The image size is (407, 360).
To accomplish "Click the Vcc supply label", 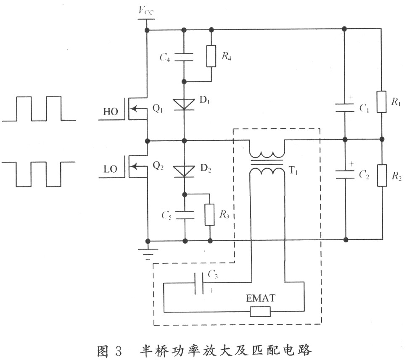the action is pyautogui.click(x=146, y=11).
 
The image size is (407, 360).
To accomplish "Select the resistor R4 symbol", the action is pyautogui.click(x=211, y=56).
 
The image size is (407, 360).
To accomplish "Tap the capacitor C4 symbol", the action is pyautogui.click(x=184, y=57).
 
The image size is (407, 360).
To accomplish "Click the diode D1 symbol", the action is pyautogui.click(x=184, y=105).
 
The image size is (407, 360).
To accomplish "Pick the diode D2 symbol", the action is pyautogui.click(x=184, y=172).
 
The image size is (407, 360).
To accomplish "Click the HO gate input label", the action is pyautogui.click(x=111, y=112).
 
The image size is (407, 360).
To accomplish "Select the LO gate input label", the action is pyautogui.click(x=110, y=169).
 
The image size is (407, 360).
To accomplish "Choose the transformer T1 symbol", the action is pyautogui.click(x=267, y=163).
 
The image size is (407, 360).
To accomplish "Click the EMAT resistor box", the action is pyautogui.click(x=260, y=312).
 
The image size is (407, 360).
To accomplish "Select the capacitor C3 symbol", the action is pyautogui.click(x=199, y=283).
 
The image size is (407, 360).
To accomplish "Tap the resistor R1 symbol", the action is pyautogui.click(x=381, y=102).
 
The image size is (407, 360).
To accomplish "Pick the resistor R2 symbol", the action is pyautogui.click(x=382, y=175).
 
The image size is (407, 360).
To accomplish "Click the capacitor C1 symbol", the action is pyautogui.click(x=345, y=108).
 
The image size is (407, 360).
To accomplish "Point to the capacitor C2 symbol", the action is pyautogui.click(x=345, y=175).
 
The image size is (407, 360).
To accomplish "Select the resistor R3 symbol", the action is pyautogui.click(x=210, y=215).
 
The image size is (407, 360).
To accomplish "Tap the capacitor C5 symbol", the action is pyautogui.click(x=185, y=215).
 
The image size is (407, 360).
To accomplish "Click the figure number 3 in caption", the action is pyautogui.click(x=118, y=351).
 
